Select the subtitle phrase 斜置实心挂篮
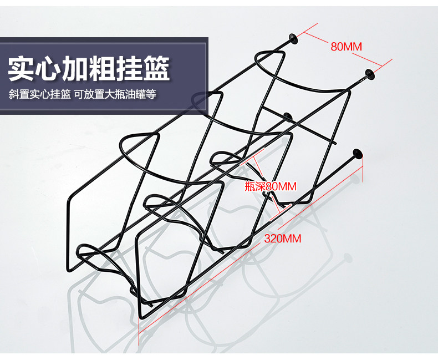(x=39, y=95)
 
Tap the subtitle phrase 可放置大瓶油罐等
(x=115, y=95)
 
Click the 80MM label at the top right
(x=346, y=47)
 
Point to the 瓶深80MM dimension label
(x=271, y=186)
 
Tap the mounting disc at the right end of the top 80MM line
(x=369, y=73)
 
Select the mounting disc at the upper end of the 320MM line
(x=359, y=155)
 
